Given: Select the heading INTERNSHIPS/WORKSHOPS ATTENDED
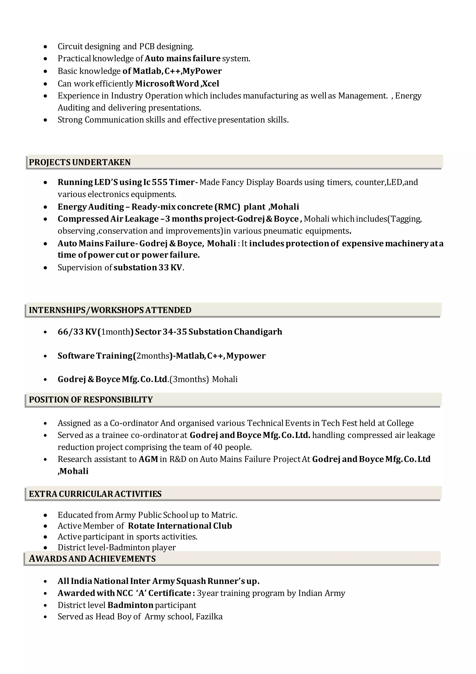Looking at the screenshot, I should pos(110,310).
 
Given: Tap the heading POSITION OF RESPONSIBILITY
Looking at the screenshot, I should pos(91,400).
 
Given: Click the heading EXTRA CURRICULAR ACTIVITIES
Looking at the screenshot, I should pos(95,494).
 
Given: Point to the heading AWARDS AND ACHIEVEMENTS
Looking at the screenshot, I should pos(92,559).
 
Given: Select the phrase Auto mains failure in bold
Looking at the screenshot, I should pos(182,58).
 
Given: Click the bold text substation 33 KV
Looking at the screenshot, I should pos(148,267).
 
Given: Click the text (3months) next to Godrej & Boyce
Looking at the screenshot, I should pos(189,379).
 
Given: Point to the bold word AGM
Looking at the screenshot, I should pos(148,459).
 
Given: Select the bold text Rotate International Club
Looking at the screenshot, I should pos(180,526).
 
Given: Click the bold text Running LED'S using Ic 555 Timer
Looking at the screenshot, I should pos(126,182).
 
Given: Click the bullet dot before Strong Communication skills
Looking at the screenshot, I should pos(45,120).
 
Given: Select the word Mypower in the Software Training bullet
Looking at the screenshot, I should pos(246,356).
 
